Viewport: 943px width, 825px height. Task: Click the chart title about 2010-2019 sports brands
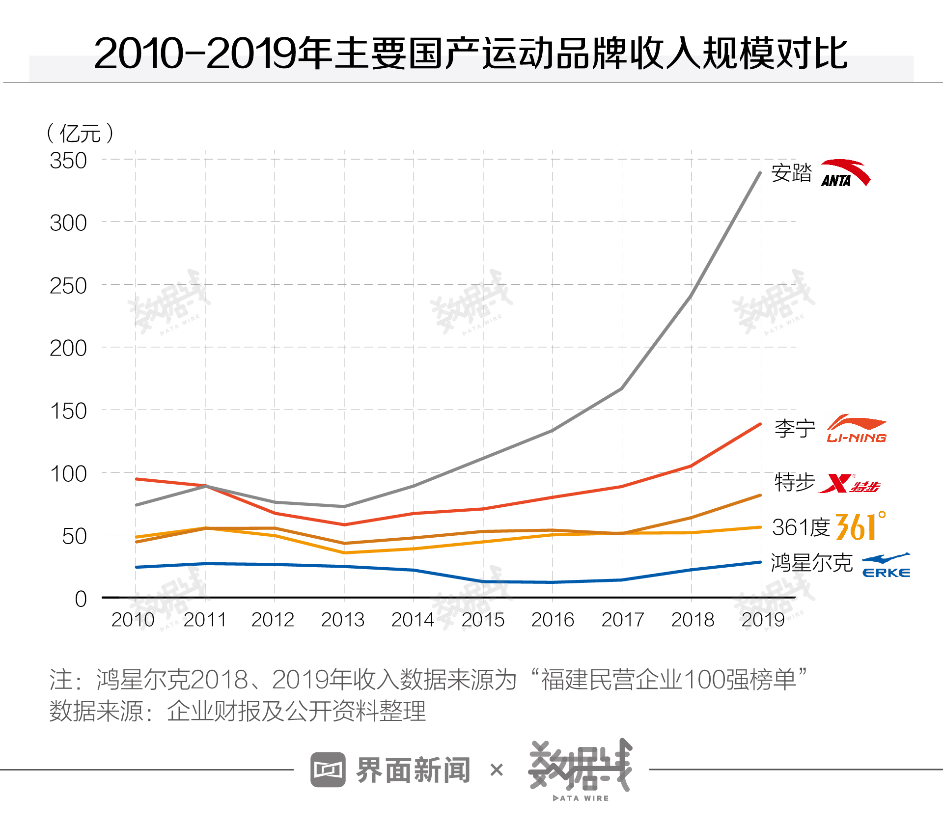coord(471,53)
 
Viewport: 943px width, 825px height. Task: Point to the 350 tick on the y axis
coord(68,161)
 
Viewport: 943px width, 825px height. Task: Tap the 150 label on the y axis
coord(68,411)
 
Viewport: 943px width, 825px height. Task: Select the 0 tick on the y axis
coord(81,599)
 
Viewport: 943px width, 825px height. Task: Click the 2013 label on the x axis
coord(343,620)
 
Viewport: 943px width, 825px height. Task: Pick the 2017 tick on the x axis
coord(623,620)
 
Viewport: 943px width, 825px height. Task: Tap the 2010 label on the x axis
coord(133,620)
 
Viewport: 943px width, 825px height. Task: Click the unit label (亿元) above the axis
coord(80,133)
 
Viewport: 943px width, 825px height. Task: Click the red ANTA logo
coord(845,173)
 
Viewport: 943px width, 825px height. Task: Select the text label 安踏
coord(791,173)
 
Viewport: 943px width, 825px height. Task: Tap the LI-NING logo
coord(857,429)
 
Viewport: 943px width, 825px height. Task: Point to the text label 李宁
coord(795,429)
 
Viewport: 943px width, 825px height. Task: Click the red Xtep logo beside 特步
coord(849,484)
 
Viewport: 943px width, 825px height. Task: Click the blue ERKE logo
coord(886,566)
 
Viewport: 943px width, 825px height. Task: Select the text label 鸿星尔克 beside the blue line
coord(811,563)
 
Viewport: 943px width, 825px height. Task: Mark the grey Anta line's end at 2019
coord(760,173)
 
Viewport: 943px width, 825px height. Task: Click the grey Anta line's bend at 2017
coord(622,388)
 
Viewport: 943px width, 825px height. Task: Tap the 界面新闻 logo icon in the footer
coord(328,770)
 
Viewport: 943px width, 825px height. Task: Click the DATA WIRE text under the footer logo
coord(581,798)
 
